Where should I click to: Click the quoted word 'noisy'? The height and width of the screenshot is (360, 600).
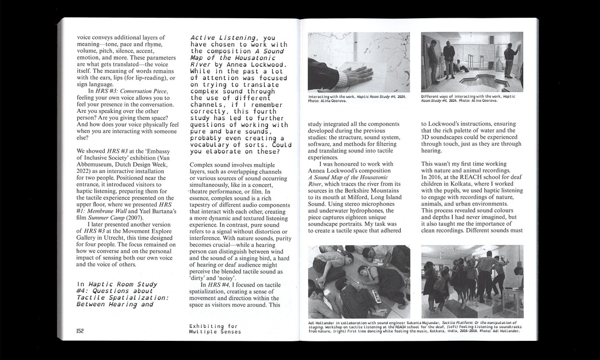pyautogui.click(x=238, y=278)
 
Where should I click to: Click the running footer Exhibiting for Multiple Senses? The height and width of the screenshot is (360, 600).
pyautogui.click(x=215, y=329)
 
